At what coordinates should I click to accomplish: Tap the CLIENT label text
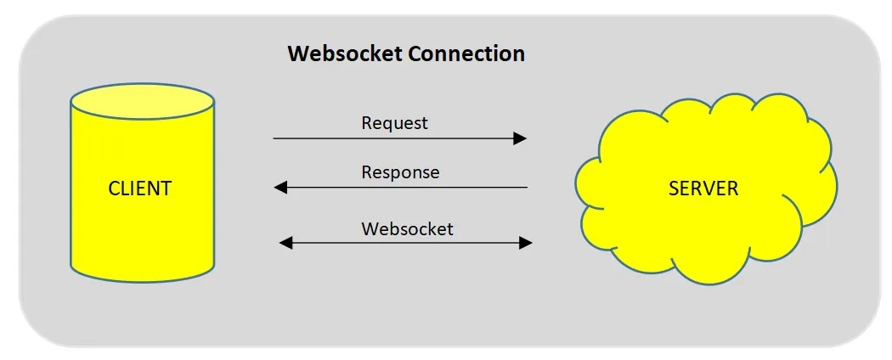point(140,188)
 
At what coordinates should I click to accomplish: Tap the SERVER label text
point(703,188)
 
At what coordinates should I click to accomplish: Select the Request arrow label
point(394,123)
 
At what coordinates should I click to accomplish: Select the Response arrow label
point(400,172)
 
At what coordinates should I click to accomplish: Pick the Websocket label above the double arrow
point(407,228)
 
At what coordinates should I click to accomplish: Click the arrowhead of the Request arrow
point(520,138)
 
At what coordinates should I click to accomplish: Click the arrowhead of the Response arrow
point(280,188)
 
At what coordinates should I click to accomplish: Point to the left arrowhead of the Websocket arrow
point(286,244)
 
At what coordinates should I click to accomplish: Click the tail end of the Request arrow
point(275,138)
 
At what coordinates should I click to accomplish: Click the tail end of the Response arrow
point(526,188)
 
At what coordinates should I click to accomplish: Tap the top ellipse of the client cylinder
point(143,101)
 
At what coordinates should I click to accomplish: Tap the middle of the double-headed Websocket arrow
point(406,244)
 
